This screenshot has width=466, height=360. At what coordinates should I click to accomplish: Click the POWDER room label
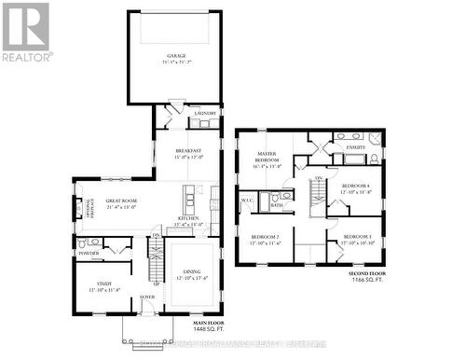click(x=89, y=253)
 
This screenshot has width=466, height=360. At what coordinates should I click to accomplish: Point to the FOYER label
click(x=147, y=298)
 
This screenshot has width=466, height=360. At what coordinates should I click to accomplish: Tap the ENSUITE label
click(x=355, y=147)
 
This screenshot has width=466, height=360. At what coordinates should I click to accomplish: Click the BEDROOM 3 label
click(x=357, y=237)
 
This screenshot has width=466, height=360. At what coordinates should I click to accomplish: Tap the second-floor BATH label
click(x=277, y=204)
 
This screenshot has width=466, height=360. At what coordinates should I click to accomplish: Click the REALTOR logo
click(x=26, y=31)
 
